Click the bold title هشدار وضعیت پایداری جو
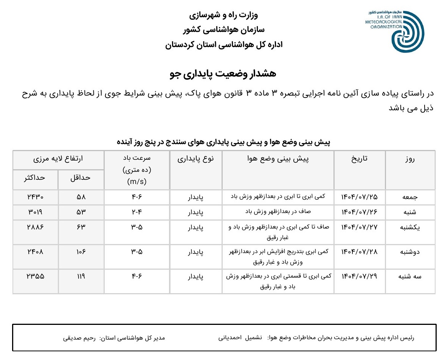tap(223, 74)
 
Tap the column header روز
tap(409, 159)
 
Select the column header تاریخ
tap(360, 159)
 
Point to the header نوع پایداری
tap(195, 159)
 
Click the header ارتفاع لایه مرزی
tap(58, 159)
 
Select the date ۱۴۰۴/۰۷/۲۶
tap(359, 212)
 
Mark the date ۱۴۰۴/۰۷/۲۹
tap(359, 276)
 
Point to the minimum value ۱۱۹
tap(81, 276)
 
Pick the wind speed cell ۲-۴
tap(136, 212)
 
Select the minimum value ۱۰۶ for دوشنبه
tap(81, 252)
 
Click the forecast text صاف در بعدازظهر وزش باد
tap(278, 212)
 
